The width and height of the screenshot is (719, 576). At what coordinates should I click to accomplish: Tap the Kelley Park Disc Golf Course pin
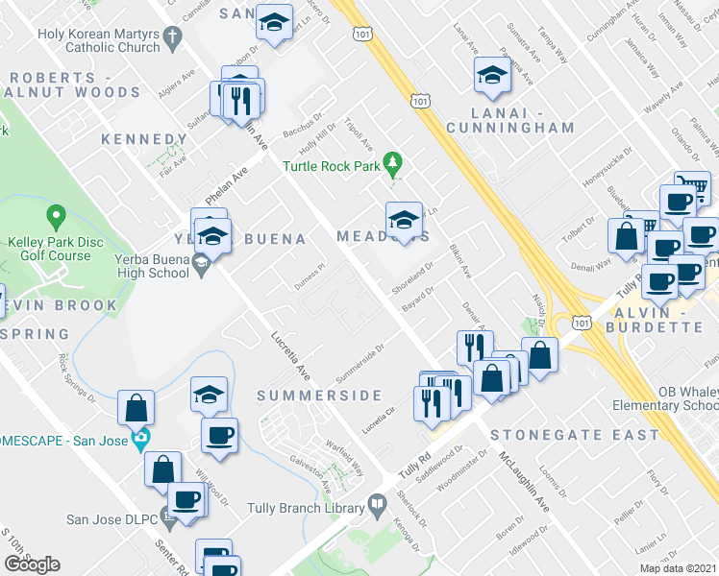pyautogui.click(x=55, y=218)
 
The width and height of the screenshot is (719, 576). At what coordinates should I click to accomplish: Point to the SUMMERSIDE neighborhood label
pyautogui.click(x=319, y=396)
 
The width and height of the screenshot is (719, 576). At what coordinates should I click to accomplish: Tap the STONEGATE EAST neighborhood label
pyautogui.click(x=575, y=435)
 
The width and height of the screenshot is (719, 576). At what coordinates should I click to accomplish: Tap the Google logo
pyautogui.click(x=32, y=564)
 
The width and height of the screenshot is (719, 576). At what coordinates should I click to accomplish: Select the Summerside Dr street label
pyautogui.click(x=361, y=356)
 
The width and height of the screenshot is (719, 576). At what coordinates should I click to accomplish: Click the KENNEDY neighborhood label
pyautogui.click(x=144, y=140)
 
